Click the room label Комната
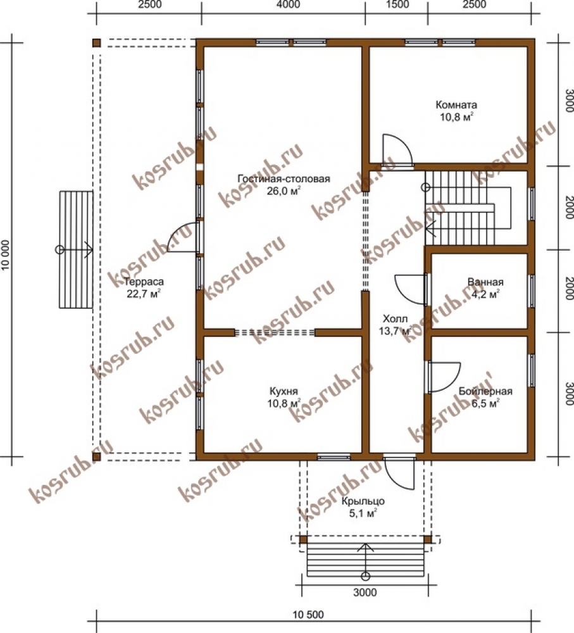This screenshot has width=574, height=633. [x=456, y=105]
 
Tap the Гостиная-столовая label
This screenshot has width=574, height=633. [x=284, y=179]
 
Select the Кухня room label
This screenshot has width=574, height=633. [x=284, y=391]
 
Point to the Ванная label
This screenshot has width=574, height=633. [x=485, y=282]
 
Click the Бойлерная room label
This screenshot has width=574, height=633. [x=485, y=391]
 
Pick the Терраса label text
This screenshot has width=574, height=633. [x=144, y=282]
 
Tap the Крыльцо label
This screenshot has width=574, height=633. [x=363, y=501]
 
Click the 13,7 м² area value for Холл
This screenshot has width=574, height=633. [x=395, y=331]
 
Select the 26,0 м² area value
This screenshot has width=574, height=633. [x=284, y=191]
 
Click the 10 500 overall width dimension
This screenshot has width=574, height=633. [x=308, y=615]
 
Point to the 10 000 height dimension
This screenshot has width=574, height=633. [x=6, y=254]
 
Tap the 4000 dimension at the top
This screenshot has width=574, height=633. [x=289, y=4]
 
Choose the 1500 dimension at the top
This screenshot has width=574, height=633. [x=397, y=4]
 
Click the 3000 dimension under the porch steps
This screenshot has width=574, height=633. [x=365, y=592]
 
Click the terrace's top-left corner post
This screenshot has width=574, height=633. [x=96, y=43]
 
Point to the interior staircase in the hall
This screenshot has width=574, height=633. [x=468, y=208]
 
